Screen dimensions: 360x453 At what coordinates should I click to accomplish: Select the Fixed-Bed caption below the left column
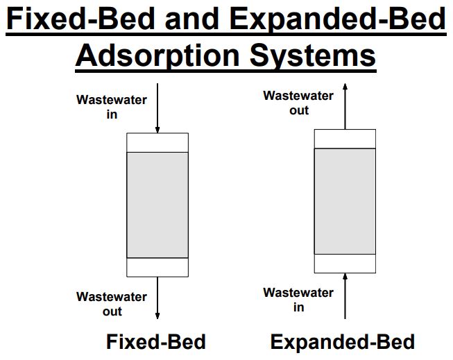click(x=156, y=342)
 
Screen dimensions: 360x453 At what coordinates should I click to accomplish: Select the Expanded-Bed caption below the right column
click(x=343, y=342)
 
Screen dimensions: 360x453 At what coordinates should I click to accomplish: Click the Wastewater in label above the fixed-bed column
click(x=112, y=107)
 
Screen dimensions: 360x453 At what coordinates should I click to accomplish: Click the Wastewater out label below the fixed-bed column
click(x=112, y=304)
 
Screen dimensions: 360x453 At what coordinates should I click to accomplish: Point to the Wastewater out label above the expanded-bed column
click(x=298, y=103)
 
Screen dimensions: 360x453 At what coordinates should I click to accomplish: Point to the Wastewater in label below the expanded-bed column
click(x=298, y=300)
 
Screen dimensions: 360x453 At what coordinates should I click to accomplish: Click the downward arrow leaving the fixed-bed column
click(x=157, y=298)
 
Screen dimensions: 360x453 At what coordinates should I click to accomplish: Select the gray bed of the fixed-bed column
click(x=157, y=205)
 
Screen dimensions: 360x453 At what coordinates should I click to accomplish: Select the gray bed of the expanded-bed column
click(x=345, y=201)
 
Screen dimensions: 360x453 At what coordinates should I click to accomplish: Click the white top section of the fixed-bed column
click(x=157, y=142)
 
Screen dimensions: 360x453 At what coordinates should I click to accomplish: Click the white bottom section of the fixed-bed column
click(x=157, y=267)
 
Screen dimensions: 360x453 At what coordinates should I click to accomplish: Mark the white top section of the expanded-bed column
click(x=345, y=139)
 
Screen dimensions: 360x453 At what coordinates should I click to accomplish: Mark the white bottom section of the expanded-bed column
click(x=345, y=264)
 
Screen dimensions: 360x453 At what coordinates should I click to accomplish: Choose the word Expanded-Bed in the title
click(x=339, y=19)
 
